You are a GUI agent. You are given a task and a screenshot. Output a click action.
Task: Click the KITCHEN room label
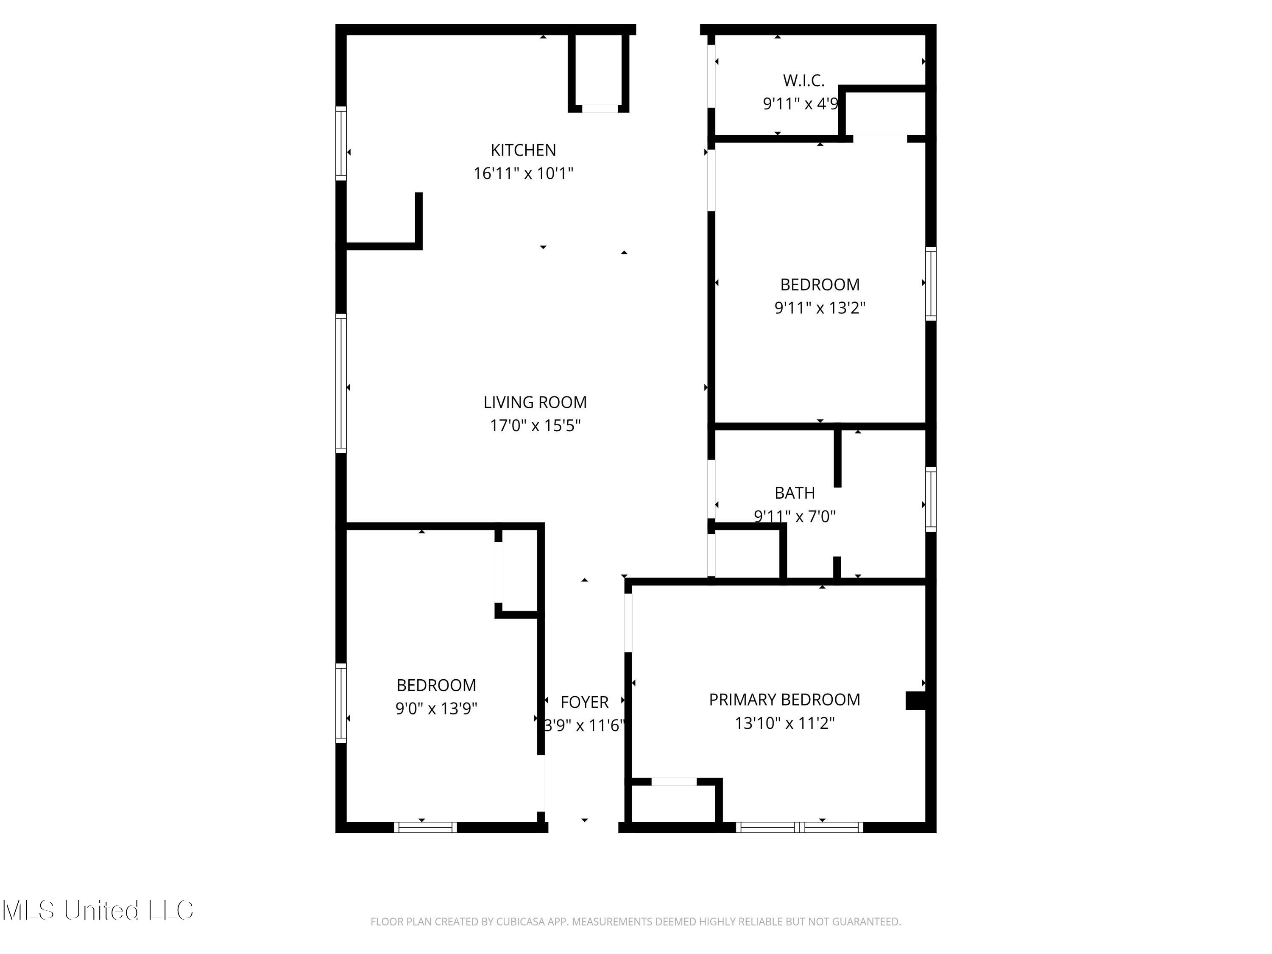pyautogui.click(x=523, y=150)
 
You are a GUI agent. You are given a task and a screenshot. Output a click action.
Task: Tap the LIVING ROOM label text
pyautogui.click(x=535, y=402)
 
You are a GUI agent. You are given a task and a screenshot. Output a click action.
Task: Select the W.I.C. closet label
pyautogui.click(x=803, y=81)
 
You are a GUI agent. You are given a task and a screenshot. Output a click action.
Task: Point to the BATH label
pyautogui.click(x=794, y=493)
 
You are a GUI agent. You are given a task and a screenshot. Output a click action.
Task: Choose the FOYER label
pyautogui.click(x=584, y=702)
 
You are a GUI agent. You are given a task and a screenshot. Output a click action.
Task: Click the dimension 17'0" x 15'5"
pyautogui.click(x=535, y=426)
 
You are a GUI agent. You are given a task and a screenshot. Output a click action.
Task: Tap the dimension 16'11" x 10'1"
pyautogui.click(x=523, y=173)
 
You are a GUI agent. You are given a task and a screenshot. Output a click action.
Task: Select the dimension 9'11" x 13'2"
pyautogui.click(x=820, y=308)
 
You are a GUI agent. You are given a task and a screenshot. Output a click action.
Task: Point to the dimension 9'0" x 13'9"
pyautogui.click(x=436, y=708)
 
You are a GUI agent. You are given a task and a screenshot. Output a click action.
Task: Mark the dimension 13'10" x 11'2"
pyautogui.click(x=784, y=723)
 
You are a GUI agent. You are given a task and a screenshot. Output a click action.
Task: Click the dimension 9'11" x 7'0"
pyautogui.click(x=794, y=516)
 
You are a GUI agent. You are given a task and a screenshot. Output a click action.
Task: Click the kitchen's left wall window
pyautogui.click(x=341, y=143)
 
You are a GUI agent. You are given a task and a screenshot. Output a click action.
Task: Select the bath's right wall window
pyautogui.click(x=930, y=499)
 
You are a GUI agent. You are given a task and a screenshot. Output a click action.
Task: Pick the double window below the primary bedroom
pyautogui.click(x=799, y=827)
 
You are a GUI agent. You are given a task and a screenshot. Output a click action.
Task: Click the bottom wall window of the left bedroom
pyautogui.click(x=426, y=827)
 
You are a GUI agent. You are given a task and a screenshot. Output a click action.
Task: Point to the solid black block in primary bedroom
pyautogui.click(x=915, y=700)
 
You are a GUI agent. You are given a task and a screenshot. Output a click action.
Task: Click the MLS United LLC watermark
pyautogui.click(x=98, y=910)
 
